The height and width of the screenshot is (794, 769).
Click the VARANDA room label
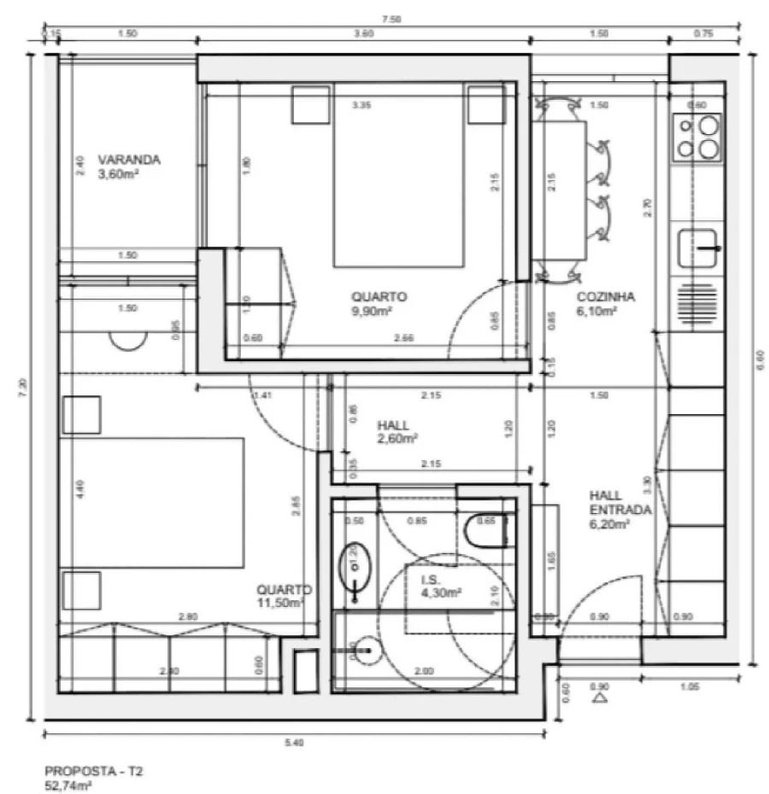tap(129, 160)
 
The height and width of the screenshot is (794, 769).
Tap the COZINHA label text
tap(605, 297)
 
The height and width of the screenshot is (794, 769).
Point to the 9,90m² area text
tap(372, 312)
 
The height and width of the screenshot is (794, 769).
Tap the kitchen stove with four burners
tap(698, 137)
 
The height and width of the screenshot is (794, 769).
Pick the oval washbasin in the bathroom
tap(352, 563)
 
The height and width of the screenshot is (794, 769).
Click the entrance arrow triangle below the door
tap(600, 698)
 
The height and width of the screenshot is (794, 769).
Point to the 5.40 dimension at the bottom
tap(296, 743)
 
